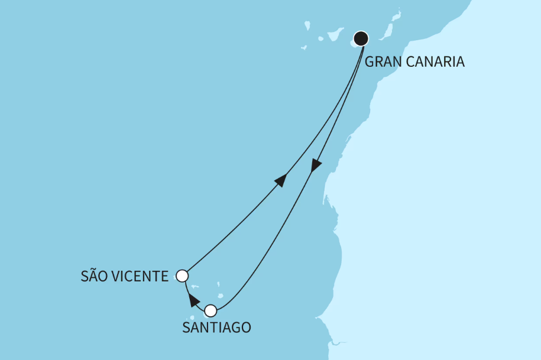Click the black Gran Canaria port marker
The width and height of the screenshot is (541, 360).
click(x=361, y=39)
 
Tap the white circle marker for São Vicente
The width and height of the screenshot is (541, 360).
click(x=182, y=275)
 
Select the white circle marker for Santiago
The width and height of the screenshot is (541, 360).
click(x=210, y=310)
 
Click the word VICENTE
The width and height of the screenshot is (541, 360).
click(x=141, y=275)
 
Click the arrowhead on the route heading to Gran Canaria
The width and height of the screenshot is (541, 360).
click(x=281, y=180)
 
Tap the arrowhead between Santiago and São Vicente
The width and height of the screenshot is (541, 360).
click(x=192, y=299)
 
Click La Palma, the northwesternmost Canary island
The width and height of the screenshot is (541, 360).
click(x=307, y=25)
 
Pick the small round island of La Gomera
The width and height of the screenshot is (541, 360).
click(x=321, y=39)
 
